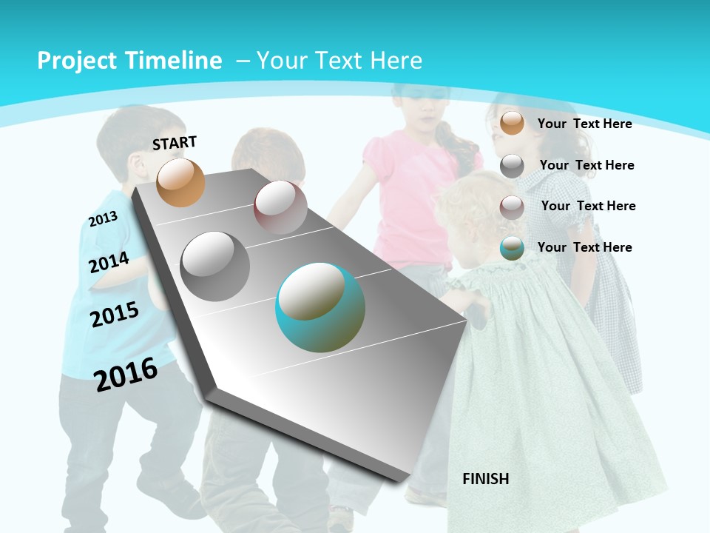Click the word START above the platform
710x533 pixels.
[x=175, y=143]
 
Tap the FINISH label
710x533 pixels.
[x=485, y=479]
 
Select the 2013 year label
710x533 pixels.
[x=103, y=218]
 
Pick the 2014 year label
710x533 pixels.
[x=109, y=263]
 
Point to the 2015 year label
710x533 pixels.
[x=115, y=315]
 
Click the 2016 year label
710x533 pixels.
[x=126, y=374]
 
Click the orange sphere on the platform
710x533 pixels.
[x=180, y=182]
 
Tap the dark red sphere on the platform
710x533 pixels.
[x=280, y=207]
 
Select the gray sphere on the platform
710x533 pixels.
[x=215, y=266]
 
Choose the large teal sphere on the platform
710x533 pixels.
[x=320, y=307]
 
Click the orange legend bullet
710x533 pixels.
[x=512, y=123]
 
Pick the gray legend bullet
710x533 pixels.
[x=512, y=166]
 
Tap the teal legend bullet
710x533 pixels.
[x=512, y=248]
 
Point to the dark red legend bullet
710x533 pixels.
[x=512, y=207]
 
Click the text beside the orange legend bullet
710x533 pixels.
[x=584, y=124]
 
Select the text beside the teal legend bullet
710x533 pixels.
[x=584, y=247]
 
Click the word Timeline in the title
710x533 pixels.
[x=175, y=61]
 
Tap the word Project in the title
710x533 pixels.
[x=75, y=61]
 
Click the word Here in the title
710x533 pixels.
[x=396, y=61]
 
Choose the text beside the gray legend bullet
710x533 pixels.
[x=586, y=165]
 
